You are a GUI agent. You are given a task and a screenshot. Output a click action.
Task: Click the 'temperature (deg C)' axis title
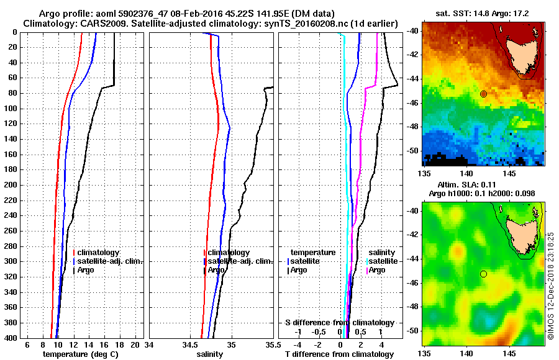(80, 354)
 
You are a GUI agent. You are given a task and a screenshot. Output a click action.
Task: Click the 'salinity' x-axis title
(211, 354)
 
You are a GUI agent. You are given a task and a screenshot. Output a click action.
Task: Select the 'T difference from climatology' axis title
(339, 354)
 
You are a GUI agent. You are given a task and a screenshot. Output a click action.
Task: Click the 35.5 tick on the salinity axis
(271, 344)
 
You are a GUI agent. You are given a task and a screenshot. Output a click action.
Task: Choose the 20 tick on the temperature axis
(136, 344)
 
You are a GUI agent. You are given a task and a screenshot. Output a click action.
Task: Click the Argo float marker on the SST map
(483, 94)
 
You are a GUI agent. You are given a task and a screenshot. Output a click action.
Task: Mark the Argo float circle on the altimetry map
(483, 274)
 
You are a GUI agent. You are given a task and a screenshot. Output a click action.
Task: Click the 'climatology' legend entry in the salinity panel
(229, 253)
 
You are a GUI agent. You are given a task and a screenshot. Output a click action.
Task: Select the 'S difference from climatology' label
(339, 323)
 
